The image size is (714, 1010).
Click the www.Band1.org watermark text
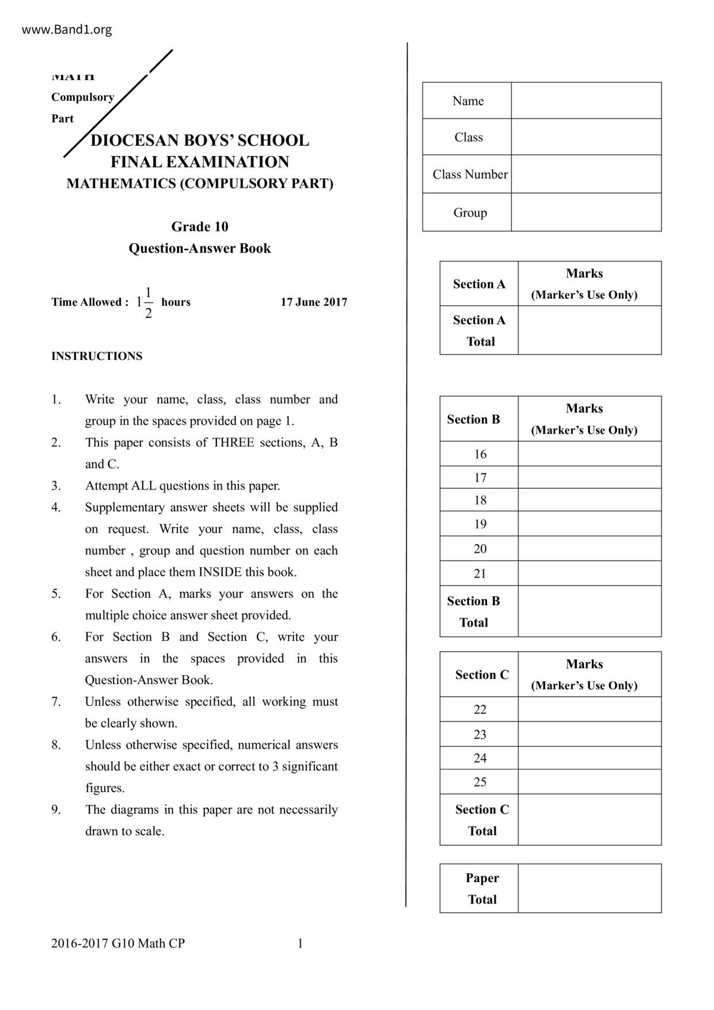(x=67, y=29)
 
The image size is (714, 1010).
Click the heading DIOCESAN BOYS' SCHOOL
(x=199, y=141)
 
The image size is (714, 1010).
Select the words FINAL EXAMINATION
(x=199, y=162)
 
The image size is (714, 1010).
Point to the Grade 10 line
(x=199, y=227)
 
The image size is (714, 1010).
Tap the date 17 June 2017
(x=314, y=302)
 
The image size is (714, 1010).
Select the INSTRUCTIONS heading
(x=97, y=356)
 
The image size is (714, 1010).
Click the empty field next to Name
(x=586, y=101)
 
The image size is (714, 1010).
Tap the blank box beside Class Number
(x=586, y=174)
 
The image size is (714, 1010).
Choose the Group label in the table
(x=470, y=212)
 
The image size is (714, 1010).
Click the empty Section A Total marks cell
(x=589, y=330)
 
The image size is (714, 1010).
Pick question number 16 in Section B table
(x=480, y=454)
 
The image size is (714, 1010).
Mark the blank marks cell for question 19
(x=589, y=524)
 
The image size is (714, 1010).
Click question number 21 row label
(x=480, y=574)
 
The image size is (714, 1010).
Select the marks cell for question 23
(x=589, y=734)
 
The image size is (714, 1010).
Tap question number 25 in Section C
(x=480, y=782)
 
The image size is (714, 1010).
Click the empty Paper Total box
(x=589, y=888)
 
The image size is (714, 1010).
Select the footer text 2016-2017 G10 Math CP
(x=118, y=943)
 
